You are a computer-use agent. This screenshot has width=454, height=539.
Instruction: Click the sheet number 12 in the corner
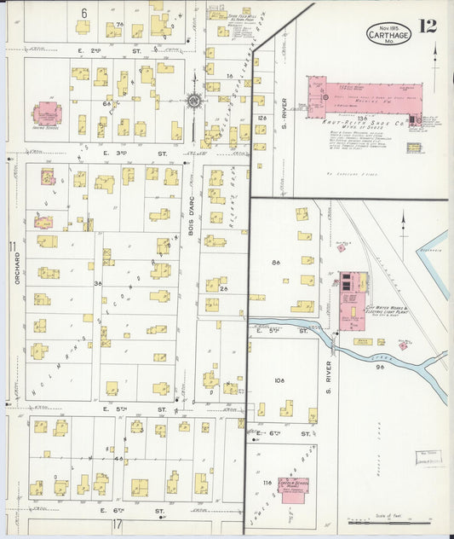(x=428, y=25)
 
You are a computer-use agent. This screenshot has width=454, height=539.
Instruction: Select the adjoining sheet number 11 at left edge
(x=12, y=247)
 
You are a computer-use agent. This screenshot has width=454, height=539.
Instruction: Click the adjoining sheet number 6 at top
(x=84, y=12)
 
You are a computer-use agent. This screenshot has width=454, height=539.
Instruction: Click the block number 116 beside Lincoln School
(x=267, y=484)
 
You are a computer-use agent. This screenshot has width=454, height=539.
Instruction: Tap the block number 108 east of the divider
(x=279, y=381)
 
